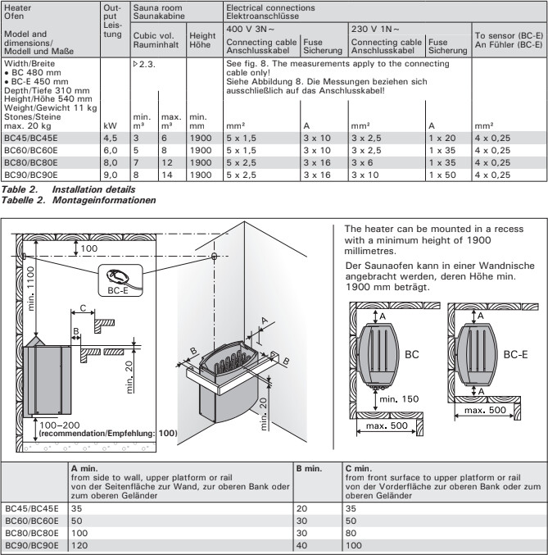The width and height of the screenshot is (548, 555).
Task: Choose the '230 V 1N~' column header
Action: pyautogui.click(x=376, y=28)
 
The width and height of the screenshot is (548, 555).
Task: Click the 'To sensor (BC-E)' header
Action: pyautogui.click(x=507, y=36)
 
